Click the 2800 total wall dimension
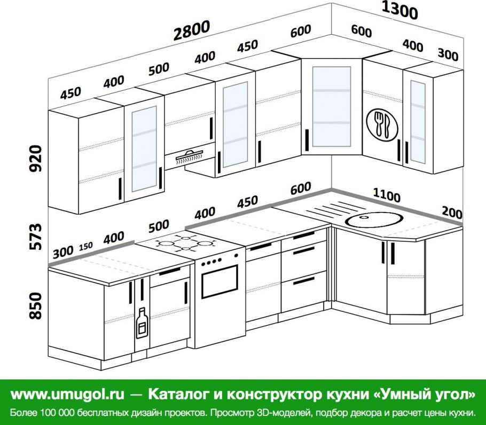coord(192,30)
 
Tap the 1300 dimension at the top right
coord(399,10)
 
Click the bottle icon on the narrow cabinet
coord(142,322)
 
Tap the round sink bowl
coord(374,219)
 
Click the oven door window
coord(220,281)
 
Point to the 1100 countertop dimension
coord(387,195)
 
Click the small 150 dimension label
coord(85,246)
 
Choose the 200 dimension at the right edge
coord(452,213)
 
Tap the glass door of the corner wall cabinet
coord(331,106)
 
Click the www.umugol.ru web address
coord(67,395)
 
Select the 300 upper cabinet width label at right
coord(448,54)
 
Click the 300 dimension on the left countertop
coord(63,252)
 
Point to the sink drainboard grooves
coord(331,210)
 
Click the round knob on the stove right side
coord(236,256)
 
